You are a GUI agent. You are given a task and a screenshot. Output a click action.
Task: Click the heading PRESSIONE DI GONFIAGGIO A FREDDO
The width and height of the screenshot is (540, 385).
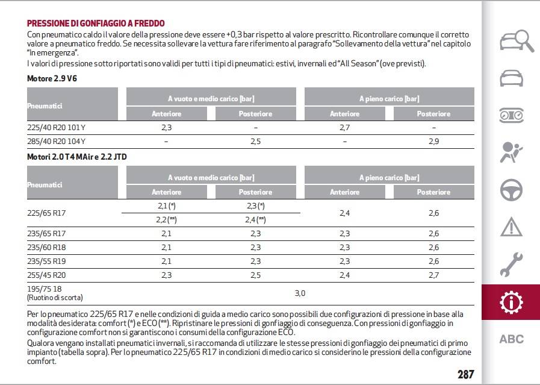(96, 23)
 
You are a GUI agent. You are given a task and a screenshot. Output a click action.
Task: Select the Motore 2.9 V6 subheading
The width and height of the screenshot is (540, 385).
(52, 78)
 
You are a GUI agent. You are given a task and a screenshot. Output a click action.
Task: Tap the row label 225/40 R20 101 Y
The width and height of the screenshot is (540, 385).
(56, 128)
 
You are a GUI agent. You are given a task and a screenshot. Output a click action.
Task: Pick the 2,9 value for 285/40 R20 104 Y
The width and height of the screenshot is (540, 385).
(433, 142)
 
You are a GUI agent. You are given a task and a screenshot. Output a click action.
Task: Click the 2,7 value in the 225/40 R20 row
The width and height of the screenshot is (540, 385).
(344, 128)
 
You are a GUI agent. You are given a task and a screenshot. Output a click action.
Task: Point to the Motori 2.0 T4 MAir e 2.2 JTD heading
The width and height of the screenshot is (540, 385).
(77, 157)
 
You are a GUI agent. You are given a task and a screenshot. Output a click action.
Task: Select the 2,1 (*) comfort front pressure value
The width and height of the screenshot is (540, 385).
(166, 206)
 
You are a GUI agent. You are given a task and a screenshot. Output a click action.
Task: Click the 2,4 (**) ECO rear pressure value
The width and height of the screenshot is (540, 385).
(255, 219)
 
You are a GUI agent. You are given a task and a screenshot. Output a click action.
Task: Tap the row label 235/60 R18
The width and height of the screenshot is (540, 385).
(46, 248)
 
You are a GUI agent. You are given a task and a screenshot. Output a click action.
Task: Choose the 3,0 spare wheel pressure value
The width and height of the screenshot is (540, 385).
(300, 293)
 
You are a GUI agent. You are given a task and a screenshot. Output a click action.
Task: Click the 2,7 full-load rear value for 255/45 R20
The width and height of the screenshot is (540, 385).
(433, 275)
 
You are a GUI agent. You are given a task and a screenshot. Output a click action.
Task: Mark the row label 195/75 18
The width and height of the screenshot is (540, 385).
(45, 289)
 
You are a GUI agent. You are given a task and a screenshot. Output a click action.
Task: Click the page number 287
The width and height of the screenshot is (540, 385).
(465, 374)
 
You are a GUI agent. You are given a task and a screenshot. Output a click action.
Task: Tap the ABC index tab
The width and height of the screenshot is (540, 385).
(512, 339)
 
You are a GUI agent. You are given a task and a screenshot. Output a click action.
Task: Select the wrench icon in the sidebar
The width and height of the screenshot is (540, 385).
(512, 264)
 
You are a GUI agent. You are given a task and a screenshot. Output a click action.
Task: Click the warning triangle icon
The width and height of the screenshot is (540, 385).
(512, 227)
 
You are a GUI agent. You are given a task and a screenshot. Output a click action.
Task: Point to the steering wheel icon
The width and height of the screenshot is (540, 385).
(512, 190)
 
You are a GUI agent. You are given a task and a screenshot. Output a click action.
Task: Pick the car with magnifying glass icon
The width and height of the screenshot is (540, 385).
(517, 42)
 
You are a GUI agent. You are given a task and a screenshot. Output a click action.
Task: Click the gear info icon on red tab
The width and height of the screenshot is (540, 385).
(512, 302)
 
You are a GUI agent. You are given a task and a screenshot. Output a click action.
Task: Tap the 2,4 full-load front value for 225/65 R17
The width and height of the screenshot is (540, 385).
(344, 213)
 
